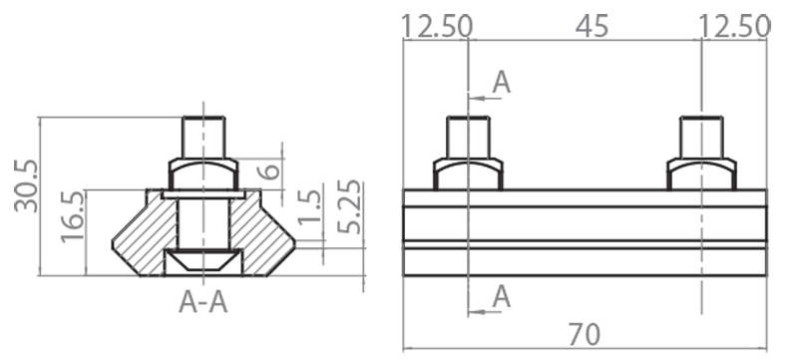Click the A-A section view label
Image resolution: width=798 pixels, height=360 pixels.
pos(203,301)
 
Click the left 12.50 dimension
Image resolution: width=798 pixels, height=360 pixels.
pos(437,26)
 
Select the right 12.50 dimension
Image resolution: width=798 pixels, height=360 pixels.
pos(735,26)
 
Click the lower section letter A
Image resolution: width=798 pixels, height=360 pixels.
pos(502,295)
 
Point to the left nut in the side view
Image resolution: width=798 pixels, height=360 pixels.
pos(468,174)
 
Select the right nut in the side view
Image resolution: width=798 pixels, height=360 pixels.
pos(703,174)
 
